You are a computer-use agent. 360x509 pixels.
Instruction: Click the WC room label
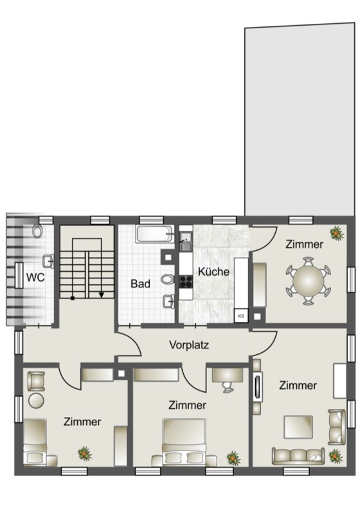35,278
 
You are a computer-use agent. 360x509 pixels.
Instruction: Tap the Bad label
140,283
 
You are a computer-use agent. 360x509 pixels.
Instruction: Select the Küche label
213,271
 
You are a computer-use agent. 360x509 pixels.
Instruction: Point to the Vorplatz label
189,344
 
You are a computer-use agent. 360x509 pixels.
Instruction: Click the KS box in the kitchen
241,316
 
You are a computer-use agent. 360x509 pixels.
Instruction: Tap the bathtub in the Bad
154,233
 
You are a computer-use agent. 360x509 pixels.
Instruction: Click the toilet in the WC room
37,231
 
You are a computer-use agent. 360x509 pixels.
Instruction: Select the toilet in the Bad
168,280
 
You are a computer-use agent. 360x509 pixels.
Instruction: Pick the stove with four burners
186,281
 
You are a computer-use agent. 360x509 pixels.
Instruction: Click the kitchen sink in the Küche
186,242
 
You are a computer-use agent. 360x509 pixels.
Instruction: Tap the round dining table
309,281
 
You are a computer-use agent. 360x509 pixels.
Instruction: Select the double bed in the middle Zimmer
184,442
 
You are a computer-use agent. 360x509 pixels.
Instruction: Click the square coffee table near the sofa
298,427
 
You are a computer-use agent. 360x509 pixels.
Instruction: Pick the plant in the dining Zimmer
337,233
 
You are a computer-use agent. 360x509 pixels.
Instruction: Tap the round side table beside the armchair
36,400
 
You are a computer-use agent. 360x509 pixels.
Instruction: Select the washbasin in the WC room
48,261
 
